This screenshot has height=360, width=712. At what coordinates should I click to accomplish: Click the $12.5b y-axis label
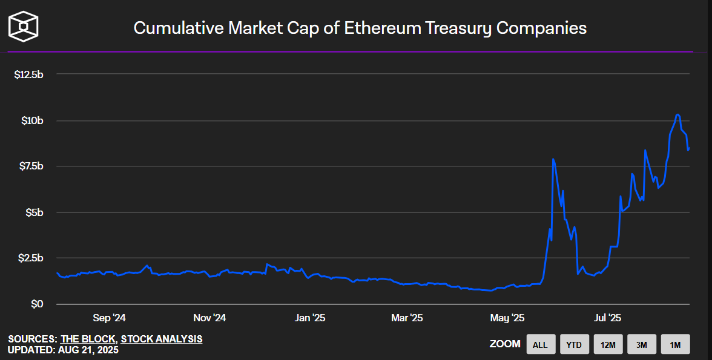[x=28, y=74]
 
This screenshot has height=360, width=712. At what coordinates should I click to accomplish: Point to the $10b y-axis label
[x=31, y=120]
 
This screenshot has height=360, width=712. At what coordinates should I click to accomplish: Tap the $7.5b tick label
[x=30, y=166]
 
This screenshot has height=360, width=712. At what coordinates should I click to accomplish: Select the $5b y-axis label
[x=34, y=212]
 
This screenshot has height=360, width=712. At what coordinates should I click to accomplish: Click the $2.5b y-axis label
[x=30, y=258]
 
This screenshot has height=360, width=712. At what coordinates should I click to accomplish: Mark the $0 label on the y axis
[x=38, y=304]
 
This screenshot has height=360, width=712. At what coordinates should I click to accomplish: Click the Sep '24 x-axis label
[x=110, y=318]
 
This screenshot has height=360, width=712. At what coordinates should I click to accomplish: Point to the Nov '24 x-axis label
[x=209, y=318]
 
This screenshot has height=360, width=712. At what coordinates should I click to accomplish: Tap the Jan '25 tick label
[x=309, y=318]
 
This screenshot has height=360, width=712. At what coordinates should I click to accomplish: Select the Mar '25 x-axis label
[x=407, y=318]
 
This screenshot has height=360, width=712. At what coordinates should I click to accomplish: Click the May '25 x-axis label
[x=507, y=318]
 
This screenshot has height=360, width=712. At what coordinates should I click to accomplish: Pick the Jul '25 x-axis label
[x=607, y=318]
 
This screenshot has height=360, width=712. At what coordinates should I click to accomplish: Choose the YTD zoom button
[x=574, y=345]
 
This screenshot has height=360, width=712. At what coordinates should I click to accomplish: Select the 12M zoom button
[x=608, y=345]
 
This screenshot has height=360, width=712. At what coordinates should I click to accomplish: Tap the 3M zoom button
[x=642, y=345]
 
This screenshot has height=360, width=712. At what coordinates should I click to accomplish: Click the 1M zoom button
[x=675, y=345]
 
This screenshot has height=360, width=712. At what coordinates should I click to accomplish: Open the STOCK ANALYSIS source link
[x=162, y=339]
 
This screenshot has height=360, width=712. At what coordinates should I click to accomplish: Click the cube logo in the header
[x=24, y=27]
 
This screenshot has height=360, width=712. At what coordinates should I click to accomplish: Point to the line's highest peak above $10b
[x=677, y=114]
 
